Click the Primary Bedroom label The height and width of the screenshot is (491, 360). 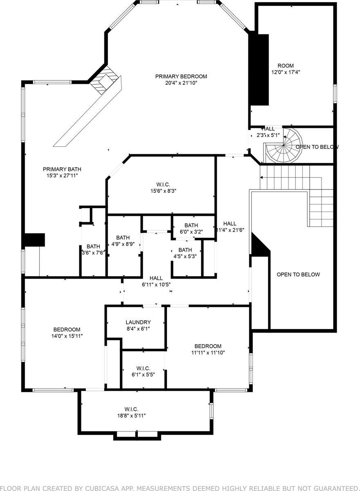181,77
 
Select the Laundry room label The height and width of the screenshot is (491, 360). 138,322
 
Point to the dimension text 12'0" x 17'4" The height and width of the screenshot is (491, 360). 286,72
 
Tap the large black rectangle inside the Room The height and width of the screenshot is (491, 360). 259,70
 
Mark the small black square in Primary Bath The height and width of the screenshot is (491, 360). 34,240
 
